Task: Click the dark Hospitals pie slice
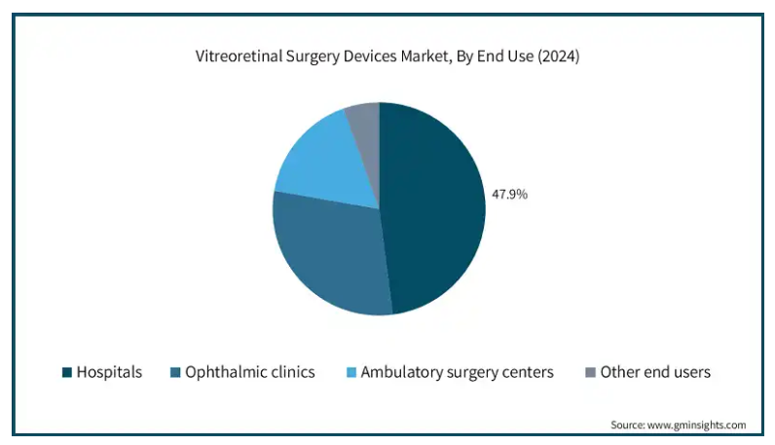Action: pos(433,209)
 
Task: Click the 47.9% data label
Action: pos(509,195)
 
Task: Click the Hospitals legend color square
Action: pos(67,372)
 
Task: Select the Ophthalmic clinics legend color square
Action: pos(175,372)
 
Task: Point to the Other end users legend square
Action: pos(590,372)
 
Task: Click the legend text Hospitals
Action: pos(109,372)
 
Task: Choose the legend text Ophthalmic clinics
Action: pos(249,372)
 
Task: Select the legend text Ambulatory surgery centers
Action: pos(457,372)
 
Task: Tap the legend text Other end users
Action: pos(655,372)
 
